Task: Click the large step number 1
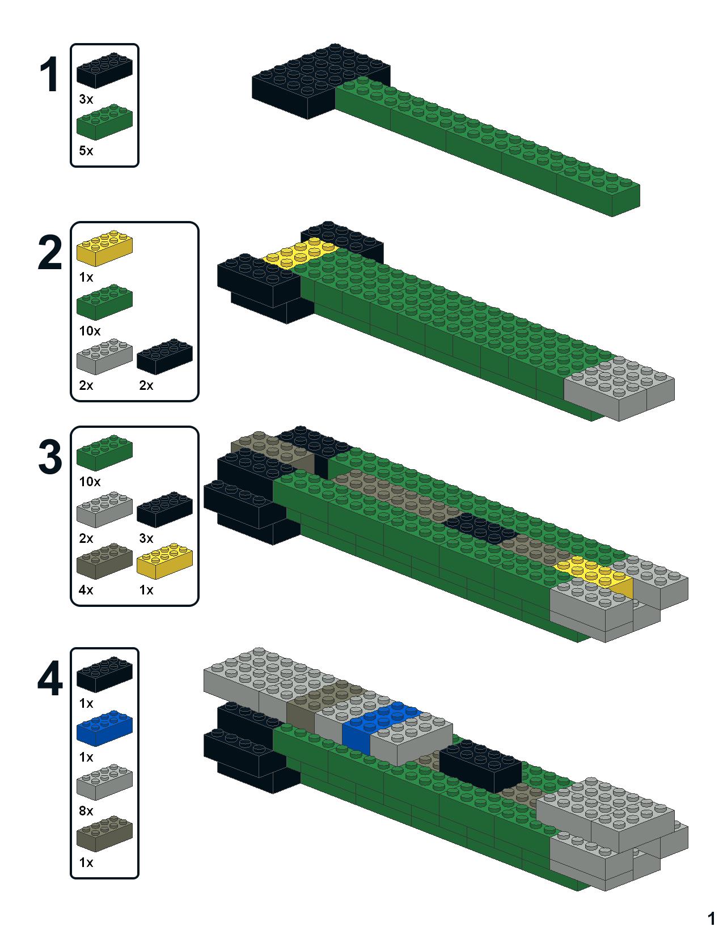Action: (x=49, y=75)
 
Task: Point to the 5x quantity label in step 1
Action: (x=86, y=151)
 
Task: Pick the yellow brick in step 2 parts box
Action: (x=104, y=248)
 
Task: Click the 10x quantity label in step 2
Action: (x=90, y=330)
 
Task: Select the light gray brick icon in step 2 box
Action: (x=104, y=357)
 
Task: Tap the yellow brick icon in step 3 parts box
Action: (x=164, y=562)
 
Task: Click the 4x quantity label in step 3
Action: (x=86, y=590)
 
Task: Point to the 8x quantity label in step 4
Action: (x=86, y=811)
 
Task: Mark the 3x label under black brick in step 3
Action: (x=146, y=538)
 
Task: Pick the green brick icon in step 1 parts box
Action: (x=104, y=121)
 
